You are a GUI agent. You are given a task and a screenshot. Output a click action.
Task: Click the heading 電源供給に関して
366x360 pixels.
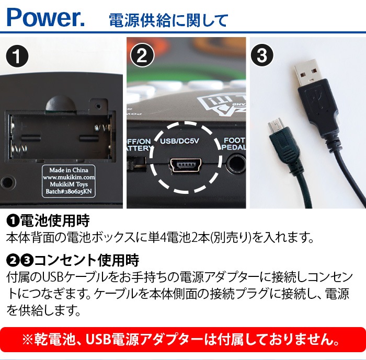tap(168, 20)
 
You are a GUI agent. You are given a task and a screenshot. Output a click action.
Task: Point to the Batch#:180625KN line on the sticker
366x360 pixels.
tap(69, 192)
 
